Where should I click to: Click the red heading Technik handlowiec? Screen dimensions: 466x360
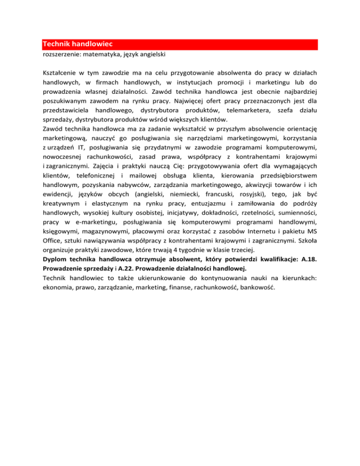[x=75, y=45]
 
